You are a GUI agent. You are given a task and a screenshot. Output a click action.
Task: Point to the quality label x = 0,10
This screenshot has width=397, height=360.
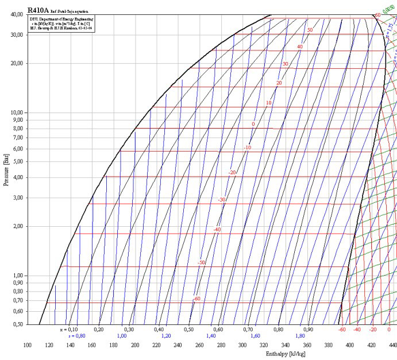[x=69, y=330]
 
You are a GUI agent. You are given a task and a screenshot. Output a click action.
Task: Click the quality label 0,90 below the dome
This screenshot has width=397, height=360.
[x=308, y=330]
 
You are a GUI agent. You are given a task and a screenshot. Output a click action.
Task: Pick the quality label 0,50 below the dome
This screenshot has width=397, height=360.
[x=188, y=330]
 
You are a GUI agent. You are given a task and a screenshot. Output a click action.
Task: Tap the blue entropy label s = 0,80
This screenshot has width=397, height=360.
[x=76, y=336]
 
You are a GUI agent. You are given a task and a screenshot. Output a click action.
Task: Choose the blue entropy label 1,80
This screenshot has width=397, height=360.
[x=300, y=336]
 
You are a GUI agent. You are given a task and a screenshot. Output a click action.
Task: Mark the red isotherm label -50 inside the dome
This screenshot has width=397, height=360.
[x=201, y=262]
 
